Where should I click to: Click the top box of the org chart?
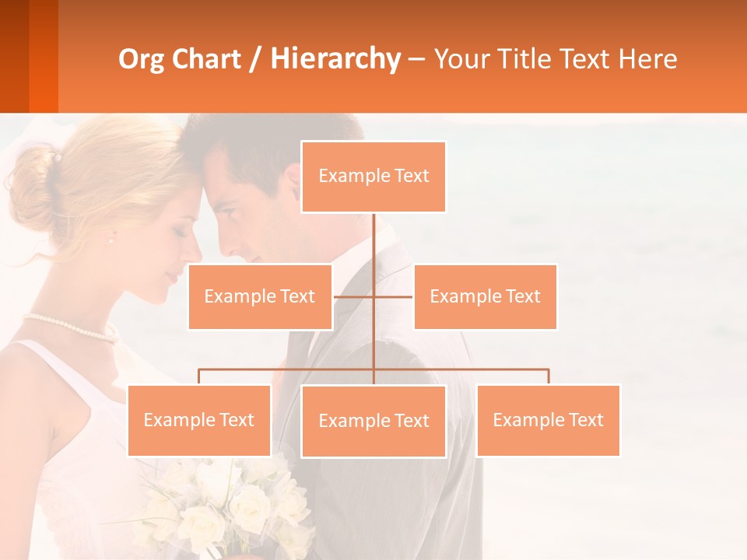(373, 177)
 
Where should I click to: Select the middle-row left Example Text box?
(260, 296)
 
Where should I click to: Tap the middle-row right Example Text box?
(485, 296)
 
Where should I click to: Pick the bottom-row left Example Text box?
(199, 420)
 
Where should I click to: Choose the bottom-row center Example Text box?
(373, 421)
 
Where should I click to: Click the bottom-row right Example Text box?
(548, 420)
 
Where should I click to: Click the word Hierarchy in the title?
(335, 59)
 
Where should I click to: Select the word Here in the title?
(648, 59)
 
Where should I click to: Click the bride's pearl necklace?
(70, 327)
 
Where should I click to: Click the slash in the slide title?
(254, 59)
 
